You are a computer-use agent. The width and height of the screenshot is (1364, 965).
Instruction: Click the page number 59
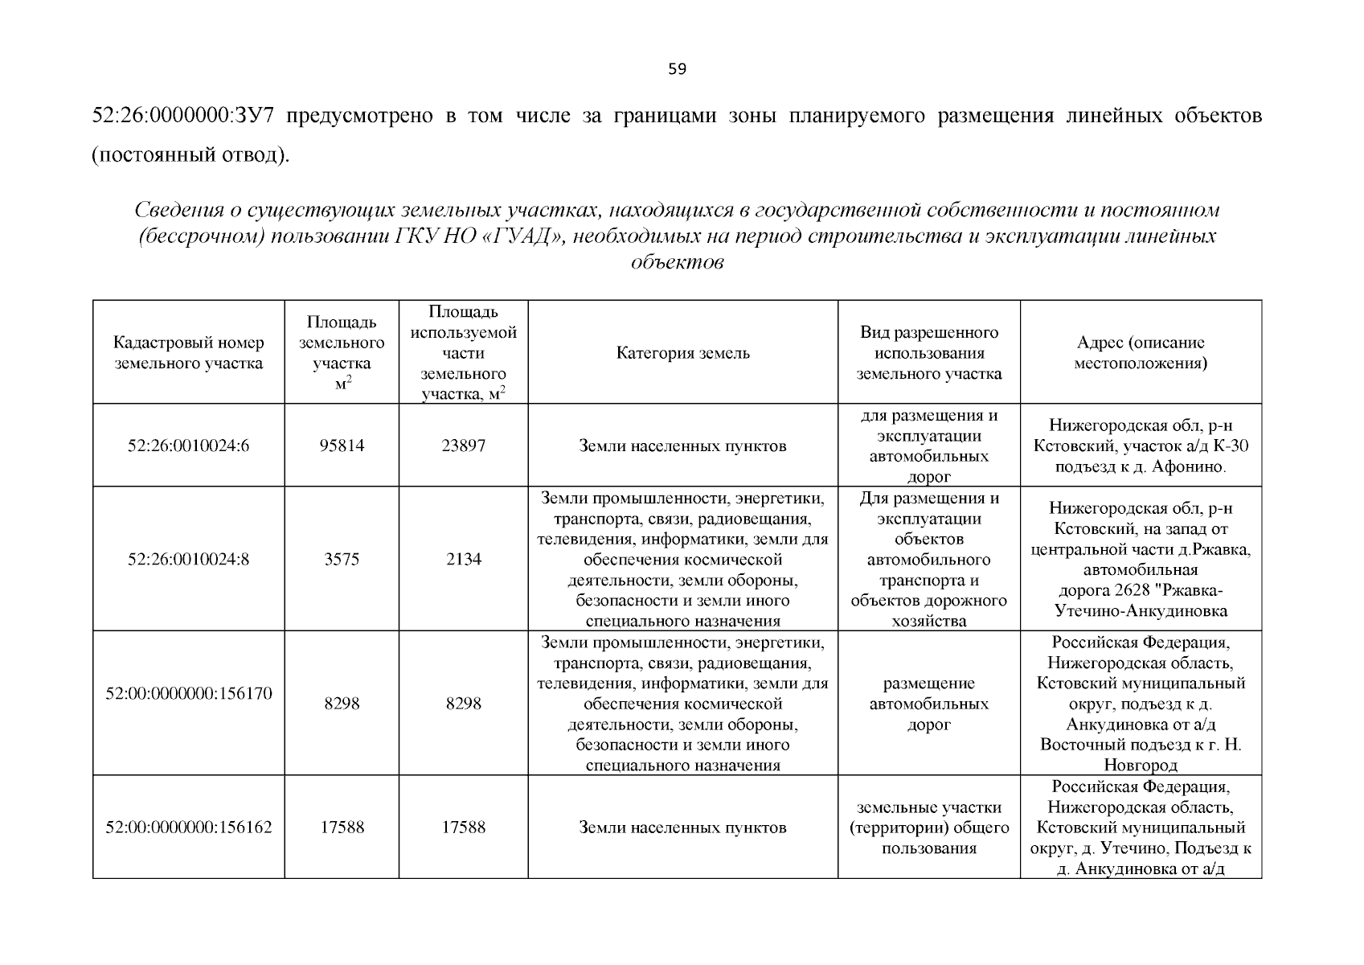(677, 69)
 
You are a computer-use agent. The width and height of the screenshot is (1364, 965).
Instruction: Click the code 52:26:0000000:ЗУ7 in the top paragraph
(185, 116)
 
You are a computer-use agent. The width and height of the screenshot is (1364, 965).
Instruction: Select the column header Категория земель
(682, 353)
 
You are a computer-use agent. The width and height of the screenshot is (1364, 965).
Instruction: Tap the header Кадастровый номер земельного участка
(189, 353)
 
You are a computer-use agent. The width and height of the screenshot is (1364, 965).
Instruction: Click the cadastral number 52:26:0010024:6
(189, 446)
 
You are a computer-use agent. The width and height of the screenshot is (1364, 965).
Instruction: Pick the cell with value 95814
(342, 446)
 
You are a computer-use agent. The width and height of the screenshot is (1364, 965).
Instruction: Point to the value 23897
(463, 446)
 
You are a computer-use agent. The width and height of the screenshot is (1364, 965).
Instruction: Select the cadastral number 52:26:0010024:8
(189, 559)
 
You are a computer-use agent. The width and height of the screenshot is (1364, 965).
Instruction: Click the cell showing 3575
(342, 559)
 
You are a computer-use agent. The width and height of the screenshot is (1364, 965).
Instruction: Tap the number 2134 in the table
(463, 559)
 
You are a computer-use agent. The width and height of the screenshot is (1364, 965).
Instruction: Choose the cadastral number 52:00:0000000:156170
(189, 692)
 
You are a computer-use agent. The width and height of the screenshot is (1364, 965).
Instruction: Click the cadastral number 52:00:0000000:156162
(189, 827)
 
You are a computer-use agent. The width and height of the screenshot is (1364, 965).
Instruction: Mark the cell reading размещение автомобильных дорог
(928, 704)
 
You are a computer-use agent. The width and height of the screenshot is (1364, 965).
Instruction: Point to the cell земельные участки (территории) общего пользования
(928, 827)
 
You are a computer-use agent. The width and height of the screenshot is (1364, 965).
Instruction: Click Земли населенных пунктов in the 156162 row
(682, 827)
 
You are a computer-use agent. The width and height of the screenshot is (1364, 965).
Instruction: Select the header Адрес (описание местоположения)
(1140, 353)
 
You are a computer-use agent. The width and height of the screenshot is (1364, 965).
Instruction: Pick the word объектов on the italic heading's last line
(677, 263)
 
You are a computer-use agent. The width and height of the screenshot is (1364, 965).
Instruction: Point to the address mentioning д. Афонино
(1140, 446)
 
